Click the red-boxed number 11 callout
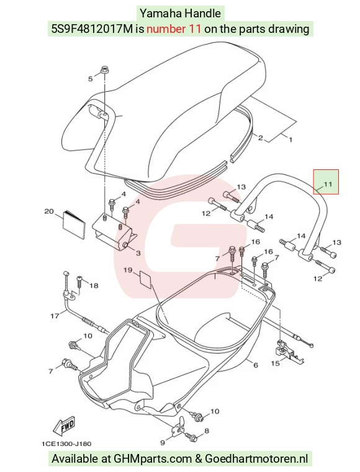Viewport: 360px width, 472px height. (x=328, y=184)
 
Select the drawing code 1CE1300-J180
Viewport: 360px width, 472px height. (x=66, y=443)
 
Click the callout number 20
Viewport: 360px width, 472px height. (x=49, y=212)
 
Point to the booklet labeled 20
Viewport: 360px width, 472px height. (x=73, y=225)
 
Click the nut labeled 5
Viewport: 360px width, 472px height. (x=105, y=70)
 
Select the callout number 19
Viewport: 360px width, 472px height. (x=128, y=270)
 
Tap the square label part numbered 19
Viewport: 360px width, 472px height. (x=146, y=279)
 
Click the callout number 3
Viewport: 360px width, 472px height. (x=138, y=253)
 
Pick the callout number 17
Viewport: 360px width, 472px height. (x=55, y=316)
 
